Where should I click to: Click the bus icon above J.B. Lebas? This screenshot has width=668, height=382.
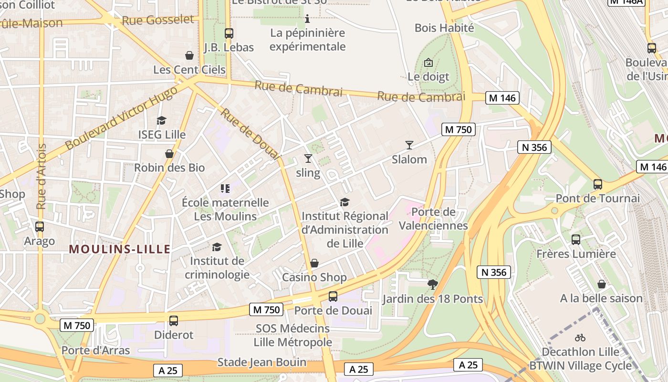tap(229, 33)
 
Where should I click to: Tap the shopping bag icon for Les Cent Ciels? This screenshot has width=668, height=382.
tap(189, 55)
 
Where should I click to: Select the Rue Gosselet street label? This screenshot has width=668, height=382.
tap(158, 20)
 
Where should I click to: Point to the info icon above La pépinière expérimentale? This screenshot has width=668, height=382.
tap(307, 19)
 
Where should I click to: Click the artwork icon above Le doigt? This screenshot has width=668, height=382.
tap(428, 62)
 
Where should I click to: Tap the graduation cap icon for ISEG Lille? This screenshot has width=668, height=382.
tap(162, 120)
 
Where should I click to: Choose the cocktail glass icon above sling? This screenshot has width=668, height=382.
tap(308, 159)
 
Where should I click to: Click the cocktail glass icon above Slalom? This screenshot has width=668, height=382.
tap(409, 145)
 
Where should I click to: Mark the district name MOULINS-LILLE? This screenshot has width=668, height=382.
tap(120, 249)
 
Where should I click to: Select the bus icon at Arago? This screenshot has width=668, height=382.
tap(40, 227)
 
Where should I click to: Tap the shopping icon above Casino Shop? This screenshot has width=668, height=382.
tap(314, 263)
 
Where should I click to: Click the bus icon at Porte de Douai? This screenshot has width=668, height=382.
tap(333, 297)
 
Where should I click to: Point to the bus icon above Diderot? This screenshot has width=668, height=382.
tap(174, 321)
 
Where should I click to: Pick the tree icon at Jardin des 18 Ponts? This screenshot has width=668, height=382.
tap(433, 285)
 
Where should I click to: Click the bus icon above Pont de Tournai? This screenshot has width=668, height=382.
tap(597, 184)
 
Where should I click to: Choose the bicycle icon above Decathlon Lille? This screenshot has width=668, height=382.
tap(580, 338)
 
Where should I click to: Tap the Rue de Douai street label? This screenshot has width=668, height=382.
tap(249, 134)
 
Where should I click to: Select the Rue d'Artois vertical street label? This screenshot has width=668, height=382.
tap(42, 177)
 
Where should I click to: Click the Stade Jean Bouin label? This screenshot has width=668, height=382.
tap(262, 362)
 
